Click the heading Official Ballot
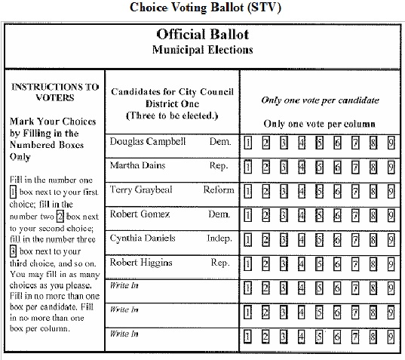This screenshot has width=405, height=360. (x=202, y=35)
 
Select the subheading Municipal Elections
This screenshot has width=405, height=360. (x=202, y=50)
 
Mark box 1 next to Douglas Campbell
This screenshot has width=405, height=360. (x=249, y=142)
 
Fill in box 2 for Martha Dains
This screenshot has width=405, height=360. (x=265, y=166)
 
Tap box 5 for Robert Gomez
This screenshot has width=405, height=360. (x=320, y=215)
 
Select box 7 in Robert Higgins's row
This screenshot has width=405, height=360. (x=356, y=263)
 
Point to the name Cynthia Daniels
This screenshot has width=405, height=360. (x=143, y=238)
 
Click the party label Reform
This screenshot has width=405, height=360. (x=219, y=189)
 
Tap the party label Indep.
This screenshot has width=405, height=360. (x=220, y=238)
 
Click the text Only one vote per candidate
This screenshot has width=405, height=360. (x=320, y=100)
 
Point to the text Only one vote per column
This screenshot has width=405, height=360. (x=320, y=124)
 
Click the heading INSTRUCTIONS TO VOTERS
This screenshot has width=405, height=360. (x=55, y=92)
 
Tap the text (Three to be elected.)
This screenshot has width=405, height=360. (x=172, y=116)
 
